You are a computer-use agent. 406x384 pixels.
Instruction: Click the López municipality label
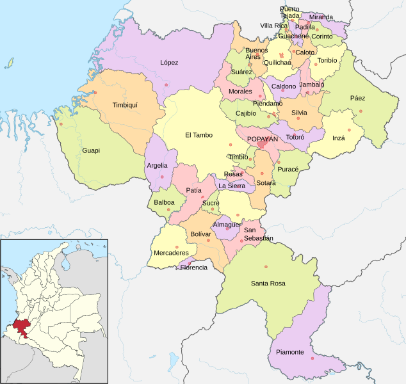[x=169, y=63]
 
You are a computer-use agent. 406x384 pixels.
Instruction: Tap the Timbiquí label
[x=125, y=104]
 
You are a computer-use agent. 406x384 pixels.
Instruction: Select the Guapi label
[x=91, y=151]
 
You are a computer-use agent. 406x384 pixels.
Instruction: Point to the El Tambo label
[x=199, y=135]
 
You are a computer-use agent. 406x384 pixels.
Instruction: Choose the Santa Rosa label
[x=268, y=284]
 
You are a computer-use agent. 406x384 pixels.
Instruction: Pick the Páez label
[x=357, y=98]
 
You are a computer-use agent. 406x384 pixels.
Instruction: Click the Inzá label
[x=339, y=138]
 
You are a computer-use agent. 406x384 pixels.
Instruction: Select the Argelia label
[x=158, y=165]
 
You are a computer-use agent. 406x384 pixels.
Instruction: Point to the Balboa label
[x=164, y=202]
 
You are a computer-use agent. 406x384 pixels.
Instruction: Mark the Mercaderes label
[x=171, y=253]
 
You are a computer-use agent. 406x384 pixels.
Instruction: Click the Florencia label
[x=193, y=268]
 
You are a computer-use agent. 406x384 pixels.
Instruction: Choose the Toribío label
[x=327, y=60]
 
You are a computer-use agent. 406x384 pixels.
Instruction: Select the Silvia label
[x=299, y=113]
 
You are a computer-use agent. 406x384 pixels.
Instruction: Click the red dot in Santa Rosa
[x=266, y=267]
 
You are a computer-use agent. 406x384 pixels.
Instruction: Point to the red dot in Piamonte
[x=313, y=358]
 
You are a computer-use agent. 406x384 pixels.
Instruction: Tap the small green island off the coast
[x=10, y=63]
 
